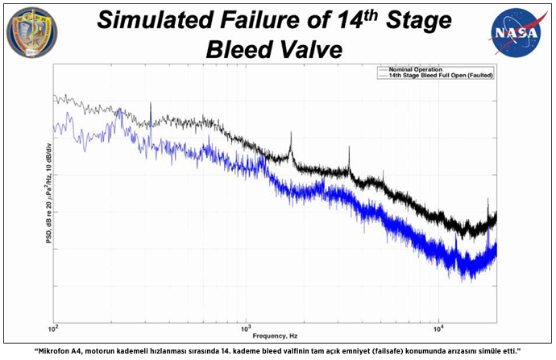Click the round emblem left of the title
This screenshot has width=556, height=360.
[32, 31]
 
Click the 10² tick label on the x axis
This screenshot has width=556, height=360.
[54, 329]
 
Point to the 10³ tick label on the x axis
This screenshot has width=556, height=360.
[246, 329]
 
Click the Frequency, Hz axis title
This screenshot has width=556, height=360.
[276, 335]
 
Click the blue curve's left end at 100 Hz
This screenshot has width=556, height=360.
[55, 126]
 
